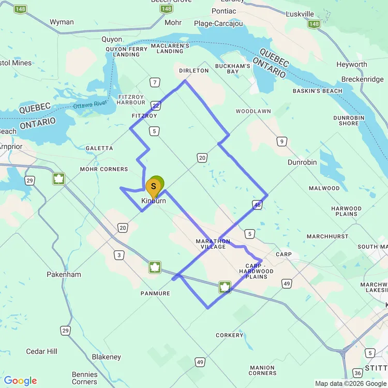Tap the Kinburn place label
[154, 201]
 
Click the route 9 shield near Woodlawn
[281, 141]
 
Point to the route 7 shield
[154, 83]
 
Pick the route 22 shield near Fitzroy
[156, 105]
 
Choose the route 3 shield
[120, 255]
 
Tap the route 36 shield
[357, 372]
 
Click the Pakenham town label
[64, 274]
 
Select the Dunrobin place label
[302, 162]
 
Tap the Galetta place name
[99, 148]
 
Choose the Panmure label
[155, 293]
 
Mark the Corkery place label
[229, 335]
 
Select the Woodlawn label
[253, 111]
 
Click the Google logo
[21, 381]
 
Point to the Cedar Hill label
[42, 351]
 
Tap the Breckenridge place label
[362, 79]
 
